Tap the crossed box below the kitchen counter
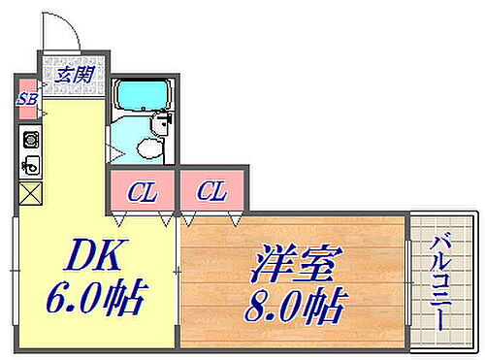pos(29,192)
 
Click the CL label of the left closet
pos(143,191)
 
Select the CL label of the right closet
pos(212,191)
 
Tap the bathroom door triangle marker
pos(115,151)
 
